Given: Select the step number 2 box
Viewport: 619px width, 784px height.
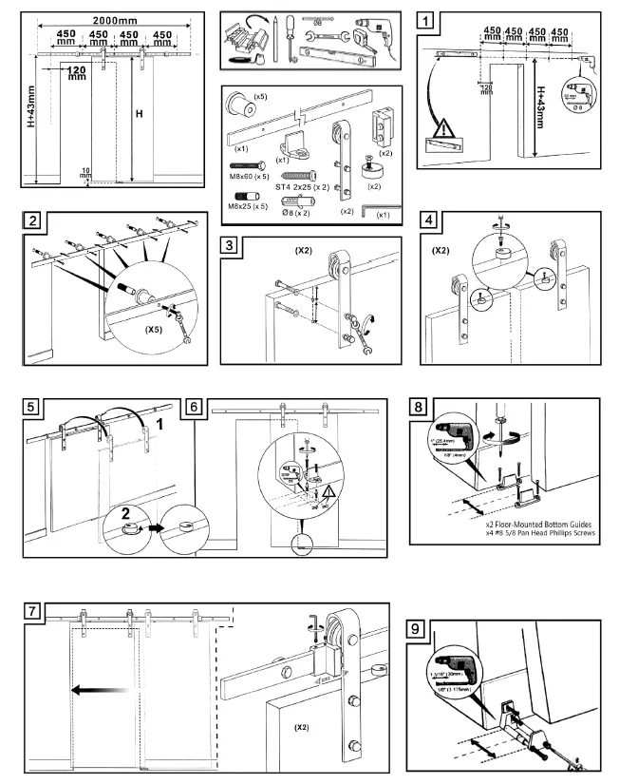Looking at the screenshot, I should (x=33, y=222).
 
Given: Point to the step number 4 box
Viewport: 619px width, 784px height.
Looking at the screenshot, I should (x=432, y=222).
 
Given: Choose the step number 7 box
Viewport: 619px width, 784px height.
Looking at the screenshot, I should (x=33, y=611).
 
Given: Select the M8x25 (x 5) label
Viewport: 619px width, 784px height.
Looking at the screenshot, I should (x=249, y=206).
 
